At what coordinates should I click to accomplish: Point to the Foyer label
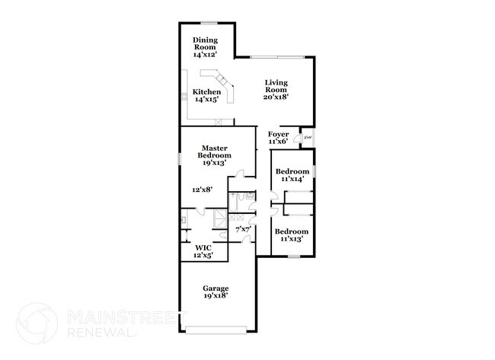click(x=279, y=138)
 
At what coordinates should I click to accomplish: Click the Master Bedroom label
click(x=216, y=155)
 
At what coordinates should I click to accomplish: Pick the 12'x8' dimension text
click(x=203, y=190)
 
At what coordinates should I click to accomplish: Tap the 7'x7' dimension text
click(x=243, y=228)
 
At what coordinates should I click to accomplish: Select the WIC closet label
click(x=203, y=251)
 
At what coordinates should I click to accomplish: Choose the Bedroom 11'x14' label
click(x=292, y=175)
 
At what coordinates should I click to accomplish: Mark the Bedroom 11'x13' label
click(x=292, y=235)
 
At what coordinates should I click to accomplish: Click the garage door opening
click(x=217, y=329)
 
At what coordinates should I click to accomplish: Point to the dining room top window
click(x=206, y=23)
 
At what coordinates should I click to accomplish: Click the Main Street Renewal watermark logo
click(x=37, y=321)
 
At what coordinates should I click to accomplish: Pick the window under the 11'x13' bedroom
click(x=292, y=256)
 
